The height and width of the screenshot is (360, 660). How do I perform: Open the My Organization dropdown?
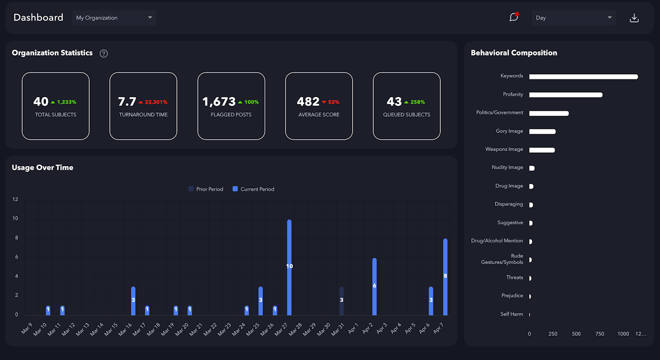114,18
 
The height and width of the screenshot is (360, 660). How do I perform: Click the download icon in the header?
634,18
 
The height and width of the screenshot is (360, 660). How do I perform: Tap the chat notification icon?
514,17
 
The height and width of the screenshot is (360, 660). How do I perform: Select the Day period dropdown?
573,18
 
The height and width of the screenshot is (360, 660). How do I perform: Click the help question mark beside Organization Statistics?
104,53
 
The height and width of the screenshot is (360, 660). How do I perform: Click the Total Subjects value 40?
41,102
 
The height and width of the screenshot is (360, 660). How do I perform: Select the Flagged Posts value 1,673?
219,102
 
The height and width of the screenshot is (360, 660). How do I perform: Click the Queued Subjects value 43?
394,102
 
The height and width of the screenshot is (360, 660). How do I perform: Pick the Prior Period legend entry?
206,189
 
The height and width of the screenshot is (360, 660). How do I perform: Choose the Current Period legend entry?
253,189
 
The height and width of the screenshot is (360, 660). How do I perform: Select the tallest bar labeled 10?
289,267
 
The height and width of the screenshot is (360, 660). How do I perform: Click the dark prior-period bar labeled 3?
341,301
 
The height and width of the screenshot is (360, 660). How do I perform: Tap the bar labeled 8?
445,277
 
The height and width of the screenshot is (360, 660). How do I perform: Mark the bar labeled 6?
374,287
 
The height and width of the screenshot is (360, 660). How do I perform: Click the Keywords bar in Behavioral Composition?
583,77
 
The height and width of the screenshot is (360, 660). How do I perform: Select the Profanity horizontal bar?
566,95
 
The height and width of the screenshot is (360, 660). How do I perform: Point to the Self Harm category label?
511,314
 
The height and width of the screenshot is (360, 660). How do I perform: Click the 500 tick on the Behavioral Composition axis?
576,334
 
